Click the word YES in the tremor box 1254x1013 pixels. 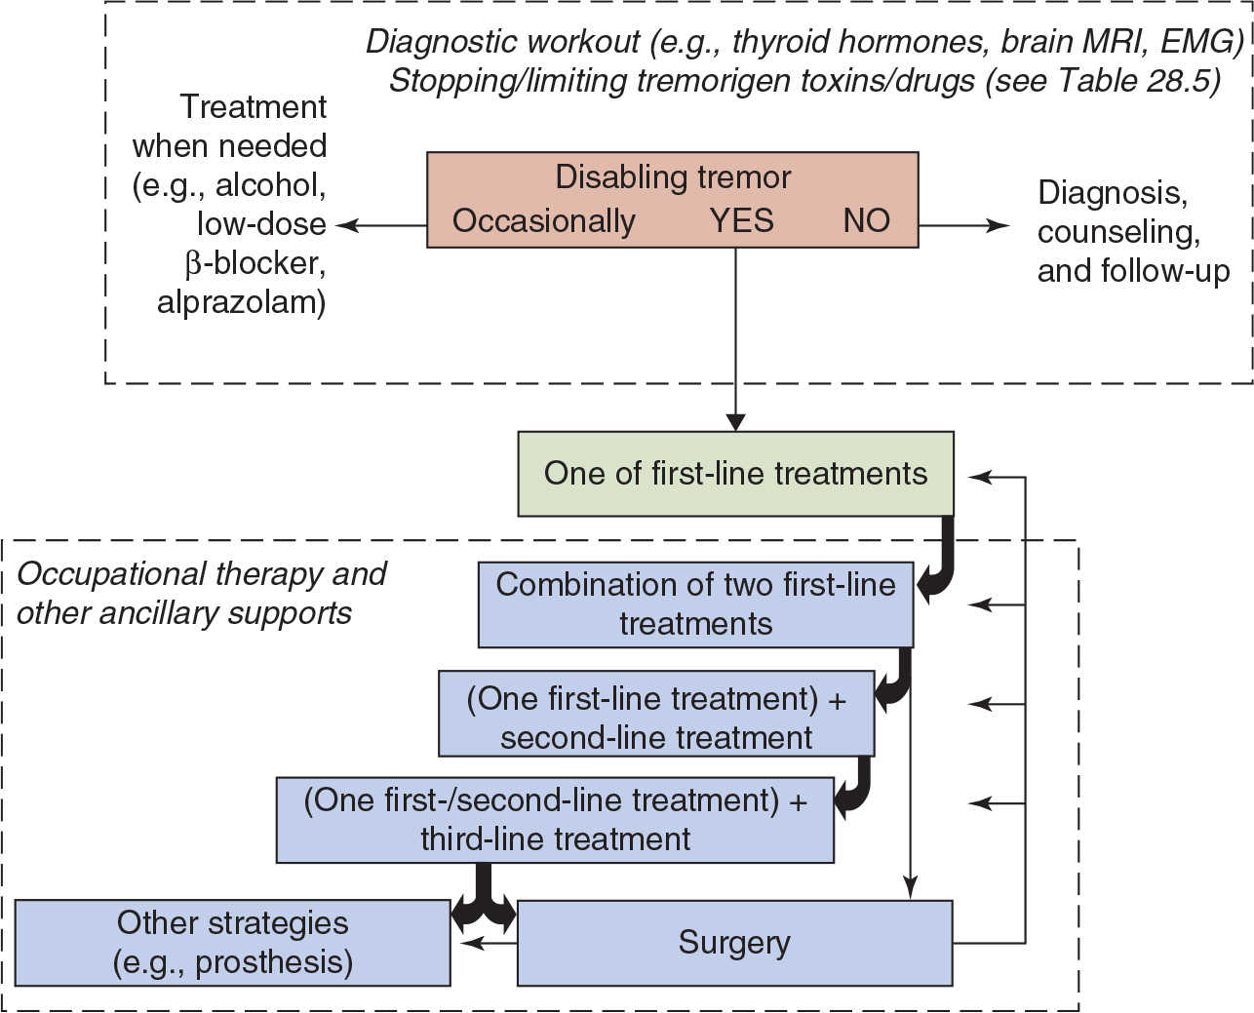coord(741,220)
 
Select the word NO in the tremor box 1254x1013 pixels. coord(866,220)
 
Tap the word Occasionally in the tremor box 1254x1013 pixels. coord(543,221)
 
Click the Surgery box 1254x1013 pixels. coord(734,943)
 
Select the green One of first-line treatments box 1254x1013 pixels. coord(735,474)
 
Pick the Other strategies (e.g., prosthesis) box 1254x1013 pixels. coord(233,943)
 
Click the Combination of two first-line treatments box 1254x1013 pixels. coord(695,604)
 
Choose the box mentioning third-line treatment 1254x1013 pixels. coord(555,820)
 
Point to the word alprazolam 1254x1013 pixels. coord(241,302)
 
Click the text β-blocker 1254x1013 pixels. coord(255,263)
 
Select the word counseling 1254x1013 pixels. coord(1118,232)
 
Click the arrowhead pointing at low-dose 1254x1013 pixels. coord(344,225)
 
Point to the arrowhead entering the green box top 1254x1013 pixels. coord(735,423)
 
